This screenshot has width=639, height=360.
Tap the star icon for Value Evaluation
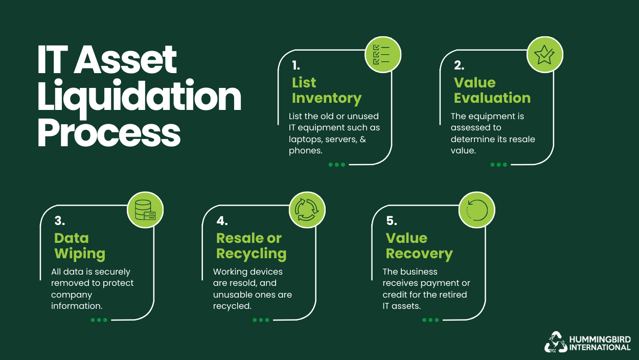pyautogui.click(x=545, y=54)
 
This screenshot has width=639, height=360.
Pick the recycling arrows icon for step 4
pyautogui.click(x=307, y=210)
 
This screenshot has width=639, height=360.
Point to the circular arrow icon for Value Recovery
pyautogui.click(x=476, y=210)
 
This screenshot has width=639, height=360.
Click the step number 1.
pyautogui.click(x=296, y=66)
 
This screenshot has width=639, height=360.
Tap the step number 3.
pyautogui.click(x=59, y=221)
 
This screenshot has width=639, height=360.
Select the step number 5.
pyautogui.click(x=392, y=221)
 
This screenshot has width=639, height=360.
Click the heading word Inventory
pyautogui.click(x=326, y=98)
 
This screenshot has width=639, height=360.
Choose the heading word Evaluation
pyautogui.click(x=492, y=98)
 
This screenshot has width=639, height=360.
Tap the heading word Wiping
pyautogui.click(x=80, y=254)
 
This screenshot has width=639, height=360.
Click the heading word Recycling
pyautogui.click(x=251, y=254)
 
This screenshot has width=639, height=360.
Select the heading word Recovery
pyautogui.click(x=419, y=254)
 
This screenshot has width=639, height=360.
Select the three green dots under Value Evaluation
pyautogui.click(x=498, y=165)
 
